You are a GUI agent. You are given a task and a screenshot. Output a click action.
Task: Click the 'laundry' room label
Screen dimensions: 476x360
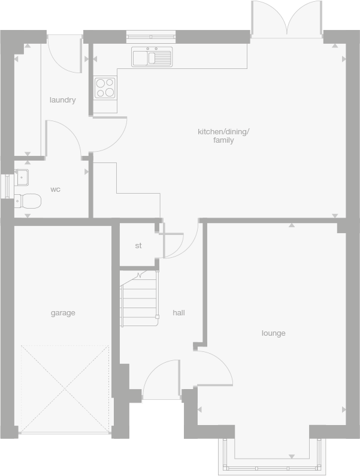(62, 100)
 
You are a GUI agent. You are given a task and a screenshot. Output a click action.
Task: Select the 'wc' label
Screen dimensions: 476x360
(55, 189)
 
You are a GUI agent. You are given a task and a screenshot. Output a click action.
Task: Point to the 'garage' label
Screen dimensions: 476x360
(62, 313)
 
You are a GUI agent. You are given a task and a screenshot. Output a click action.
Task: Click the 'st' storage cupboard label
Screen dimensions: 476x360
(138, 246)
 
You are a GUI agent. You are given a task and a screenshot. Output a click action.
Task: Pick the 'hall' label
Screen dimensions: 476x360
(179, 313)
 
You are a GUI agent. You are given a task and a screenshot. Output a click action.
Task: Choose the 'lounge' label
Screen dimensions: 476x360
(273, 333)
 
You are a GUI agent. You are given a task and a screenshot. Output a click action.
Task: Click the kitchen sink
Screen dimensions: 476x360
(152, 57)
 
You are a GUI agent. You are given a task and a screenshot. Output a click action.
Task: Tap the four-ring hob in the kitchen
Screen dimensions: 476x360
(105, 88)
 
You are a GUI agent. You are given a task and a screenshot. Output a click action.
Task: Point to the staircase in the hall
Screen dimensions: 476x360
(140, 298)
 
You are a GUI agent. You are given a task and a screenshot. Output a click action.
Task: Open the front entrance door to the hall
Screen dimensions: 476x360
(161, 381)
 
